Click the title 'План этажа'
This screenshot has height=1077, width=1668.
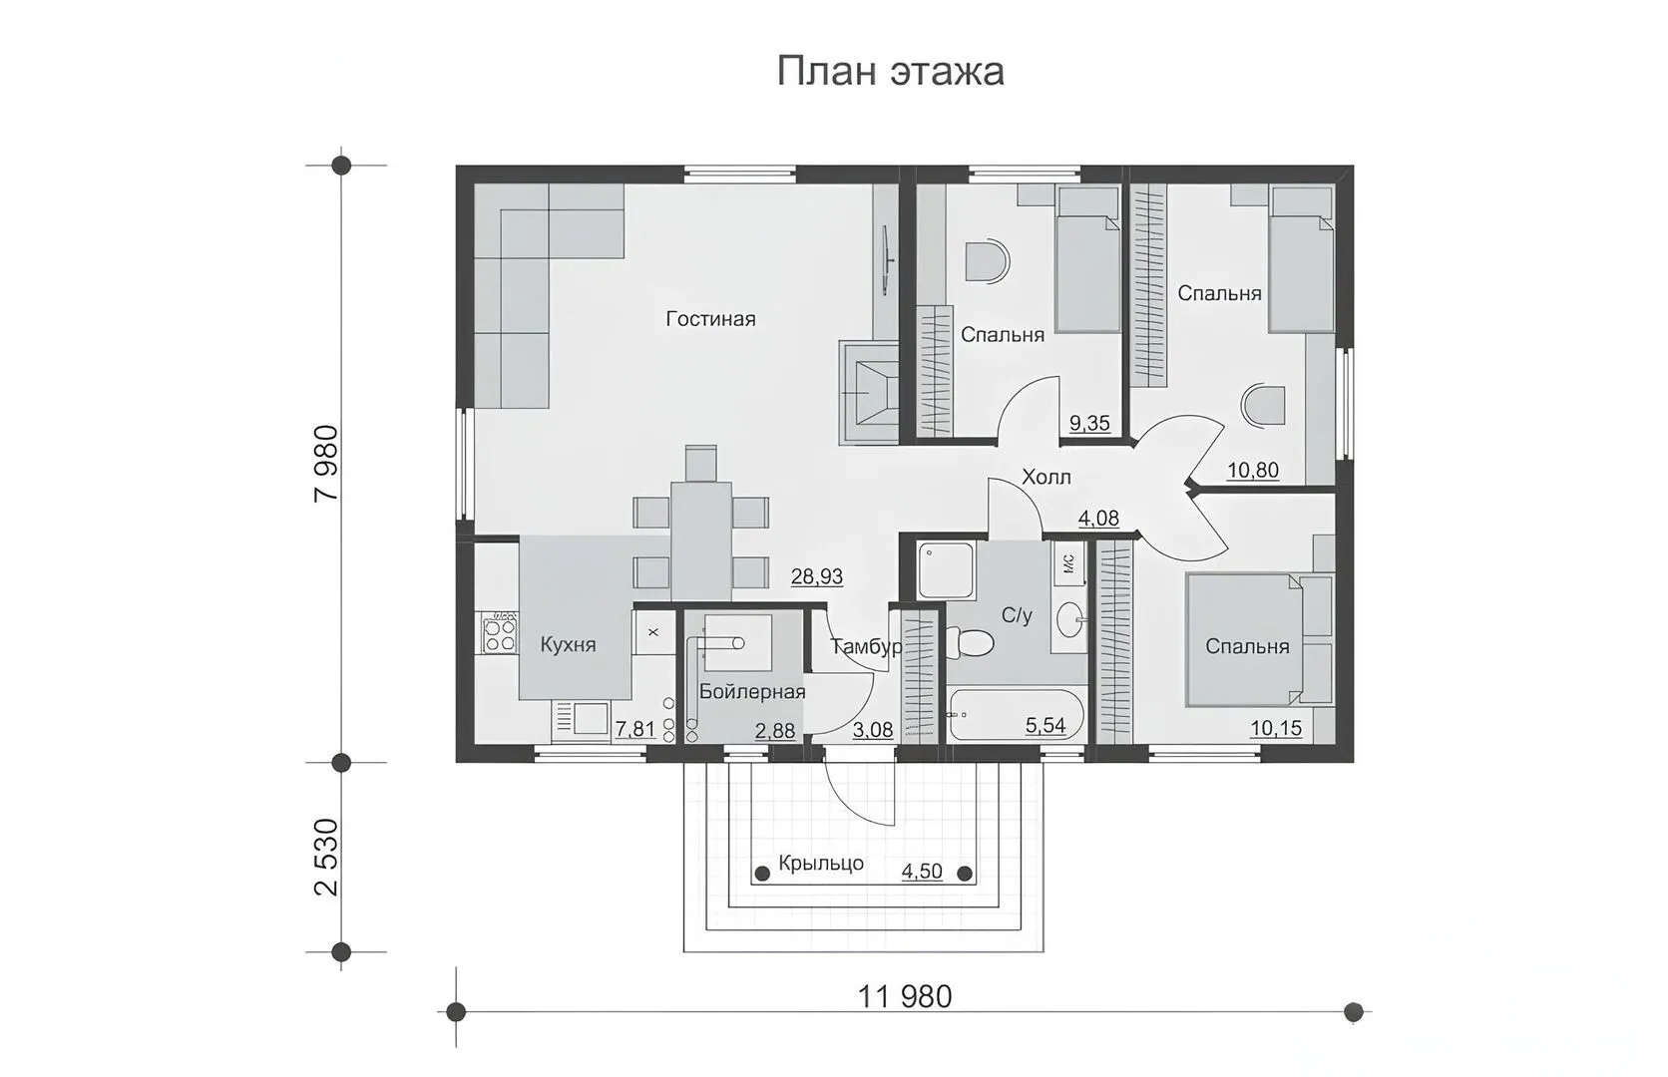point(891,72)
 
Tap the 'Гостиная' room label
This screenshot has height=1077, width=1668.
point(710,319)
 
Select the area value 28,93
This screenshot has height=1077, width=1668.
point(817,576)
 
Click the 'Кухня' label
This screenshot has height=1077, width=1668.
point(569,644)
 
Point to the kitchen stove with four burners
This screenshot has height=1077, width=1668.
point(500,632)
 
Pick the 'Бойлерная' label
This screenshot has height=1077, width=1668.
point(752,691)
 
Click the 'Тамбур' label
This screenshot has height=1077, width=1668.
point(866,647)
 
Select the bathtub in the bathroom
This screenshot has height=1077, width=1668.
point(1016,715)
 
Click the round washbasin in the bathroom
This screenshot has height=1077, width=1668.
point(1070,619)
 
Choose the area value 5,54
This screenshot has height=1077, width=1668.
point(1045,725)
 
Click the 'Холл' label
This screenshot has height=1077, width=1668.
point(1046,477)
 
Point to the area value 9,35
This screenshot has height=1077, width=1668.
point(1089,424)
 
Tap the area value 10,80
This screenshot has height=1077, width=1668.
point(1253,471)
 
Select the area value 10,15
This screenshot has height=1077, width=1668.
point(1276,728)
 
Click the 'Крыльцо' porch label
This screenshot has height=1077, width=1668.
point(821,864)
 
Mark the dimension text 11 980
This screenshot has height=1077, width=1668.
point(905,997)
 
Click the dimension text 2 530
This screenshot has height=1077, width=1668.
point(327,858)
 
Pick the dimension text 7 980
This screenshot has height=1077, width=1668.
point(327,464)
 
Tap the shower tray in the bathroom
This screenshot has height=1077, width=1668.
point(946,570)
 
